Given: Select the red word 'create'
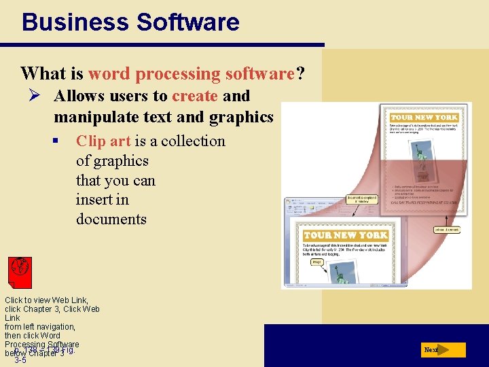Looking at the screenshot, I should (x=195, y=96).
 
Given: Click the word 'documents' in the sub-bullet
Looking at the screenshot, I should (x=111, y=220).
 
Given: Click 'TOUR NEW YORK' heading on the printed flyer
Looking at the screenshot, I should (x=424, y=117).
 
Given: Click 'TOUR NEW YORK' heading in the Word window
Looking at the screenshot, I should (x=346, y=235).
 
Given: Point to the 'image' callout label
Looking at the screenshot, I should (x=316, y=262).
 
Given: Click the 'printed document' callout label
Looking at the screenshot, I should (x=446, y=230).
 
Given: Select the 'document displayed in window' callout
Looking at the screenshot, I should (x=361, y=200).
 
